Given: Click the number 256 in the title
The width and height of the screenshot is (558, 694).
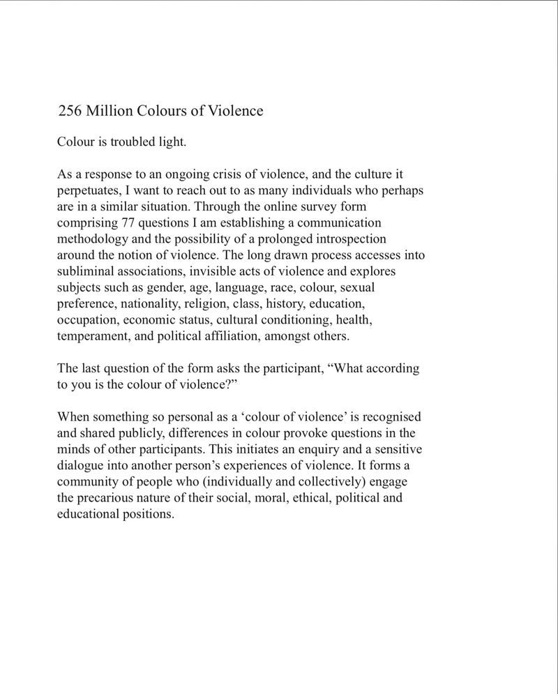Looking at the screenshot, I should pyautogui.click(x=71, y=111).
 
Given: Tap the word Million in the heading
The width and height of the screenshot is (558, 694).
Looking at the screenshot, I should pyautogui.click(x=112, y=111).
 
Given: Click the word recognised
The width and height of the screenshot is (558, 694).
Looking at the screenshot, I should pyautogui.click(x=391, y=416).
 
